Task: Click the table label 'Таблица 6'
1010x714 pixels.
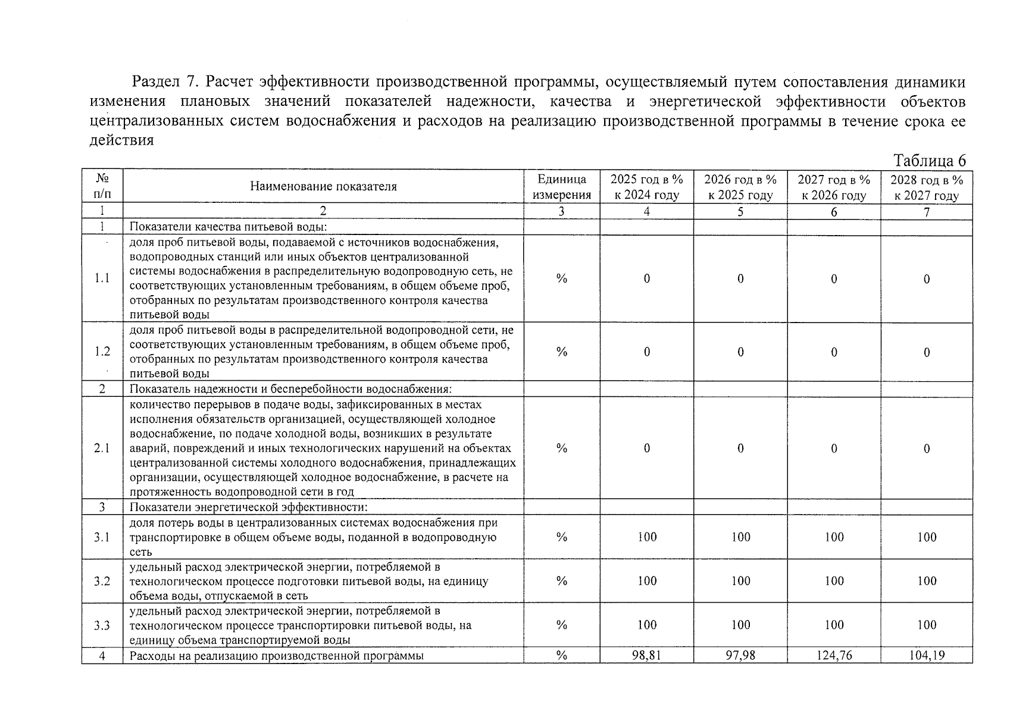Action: click(x=929, y=161)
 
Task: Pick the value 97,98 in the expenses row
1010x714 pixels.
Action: click(x=740, y=656)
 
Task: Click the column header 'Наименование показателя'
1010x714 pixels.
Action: click(x=323, y=187)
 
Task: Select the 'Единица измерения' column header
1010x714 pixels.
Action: click(x=561, y=187)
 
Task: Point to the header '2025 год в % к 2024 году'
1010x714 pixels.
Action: click(x=646, y=187)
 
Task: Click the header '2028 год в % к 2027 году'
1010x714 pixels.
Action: click(x=926, y=187)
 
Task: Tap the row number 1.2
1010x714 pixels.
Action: click(x=102, y=352)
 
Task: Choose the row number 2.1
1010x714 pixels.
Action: click(x=102, y=448)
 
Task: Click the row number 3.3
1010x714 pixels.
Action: click(x=102, y=625)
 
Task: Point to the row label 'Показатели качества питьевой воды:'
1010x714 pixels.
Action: click(x=229, y=227)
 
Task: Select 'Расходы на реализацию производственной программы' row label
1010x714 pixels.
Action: click(x=277, y=656)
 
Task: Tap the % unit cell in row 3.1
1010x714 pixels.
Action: click(x=561, y=537)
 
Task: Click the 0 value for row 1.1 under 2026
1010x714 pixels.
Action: click(x=740, y=278)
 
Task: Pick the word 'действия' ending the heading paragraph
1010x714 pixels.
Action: click(x=121, y=140)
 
